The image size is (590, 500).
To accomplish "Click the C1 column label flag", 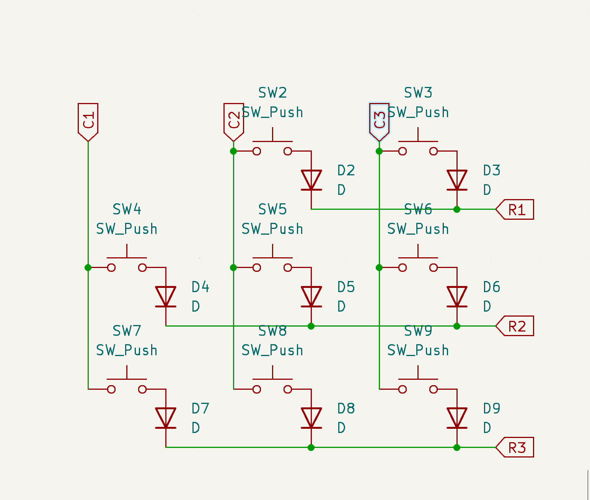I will point(88,121).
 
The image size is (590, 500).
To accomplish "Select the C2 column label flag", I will point(233,121).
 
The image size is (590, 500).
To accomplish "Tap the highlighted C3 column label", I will point(379,121).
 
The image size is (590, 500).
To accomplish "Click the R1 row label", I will point(516,209).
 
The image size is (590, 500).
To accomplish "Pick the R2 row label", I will point(516,326).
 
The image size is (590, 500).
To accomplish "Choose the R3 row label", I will point(516,448).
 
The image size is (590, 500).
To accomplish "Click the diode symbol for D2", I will point(311,180).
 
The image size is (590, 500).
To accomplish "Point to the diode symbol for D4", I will point(166,297).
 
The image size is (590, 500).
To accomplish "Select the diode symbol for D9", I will point(457,418).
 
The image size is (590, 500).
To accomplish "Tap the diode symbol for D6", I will point(457,297).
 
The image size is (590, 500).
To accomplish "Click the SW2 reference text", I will point(272,93).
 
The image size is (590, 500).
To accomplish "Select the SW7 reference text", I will point(127,331).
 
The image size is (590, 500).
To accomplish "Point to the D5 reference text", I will point(346,287).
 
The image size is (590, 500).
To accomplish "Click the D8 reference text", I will point(346,408).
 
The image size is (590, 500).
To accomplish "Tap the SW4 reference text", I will point(127,209).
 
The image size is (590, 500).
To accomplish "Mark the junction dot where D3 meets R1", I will point(457,209).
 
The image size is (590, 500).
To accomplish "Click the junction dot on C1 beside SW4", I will point(88,268).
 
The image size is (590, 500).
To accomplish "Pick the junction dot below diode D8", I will point(311,448).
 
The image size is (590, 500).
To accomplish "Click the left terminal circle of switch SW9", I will point(402,389).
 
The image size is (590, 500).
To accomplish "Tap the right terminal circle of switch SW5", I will point(288,268).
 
